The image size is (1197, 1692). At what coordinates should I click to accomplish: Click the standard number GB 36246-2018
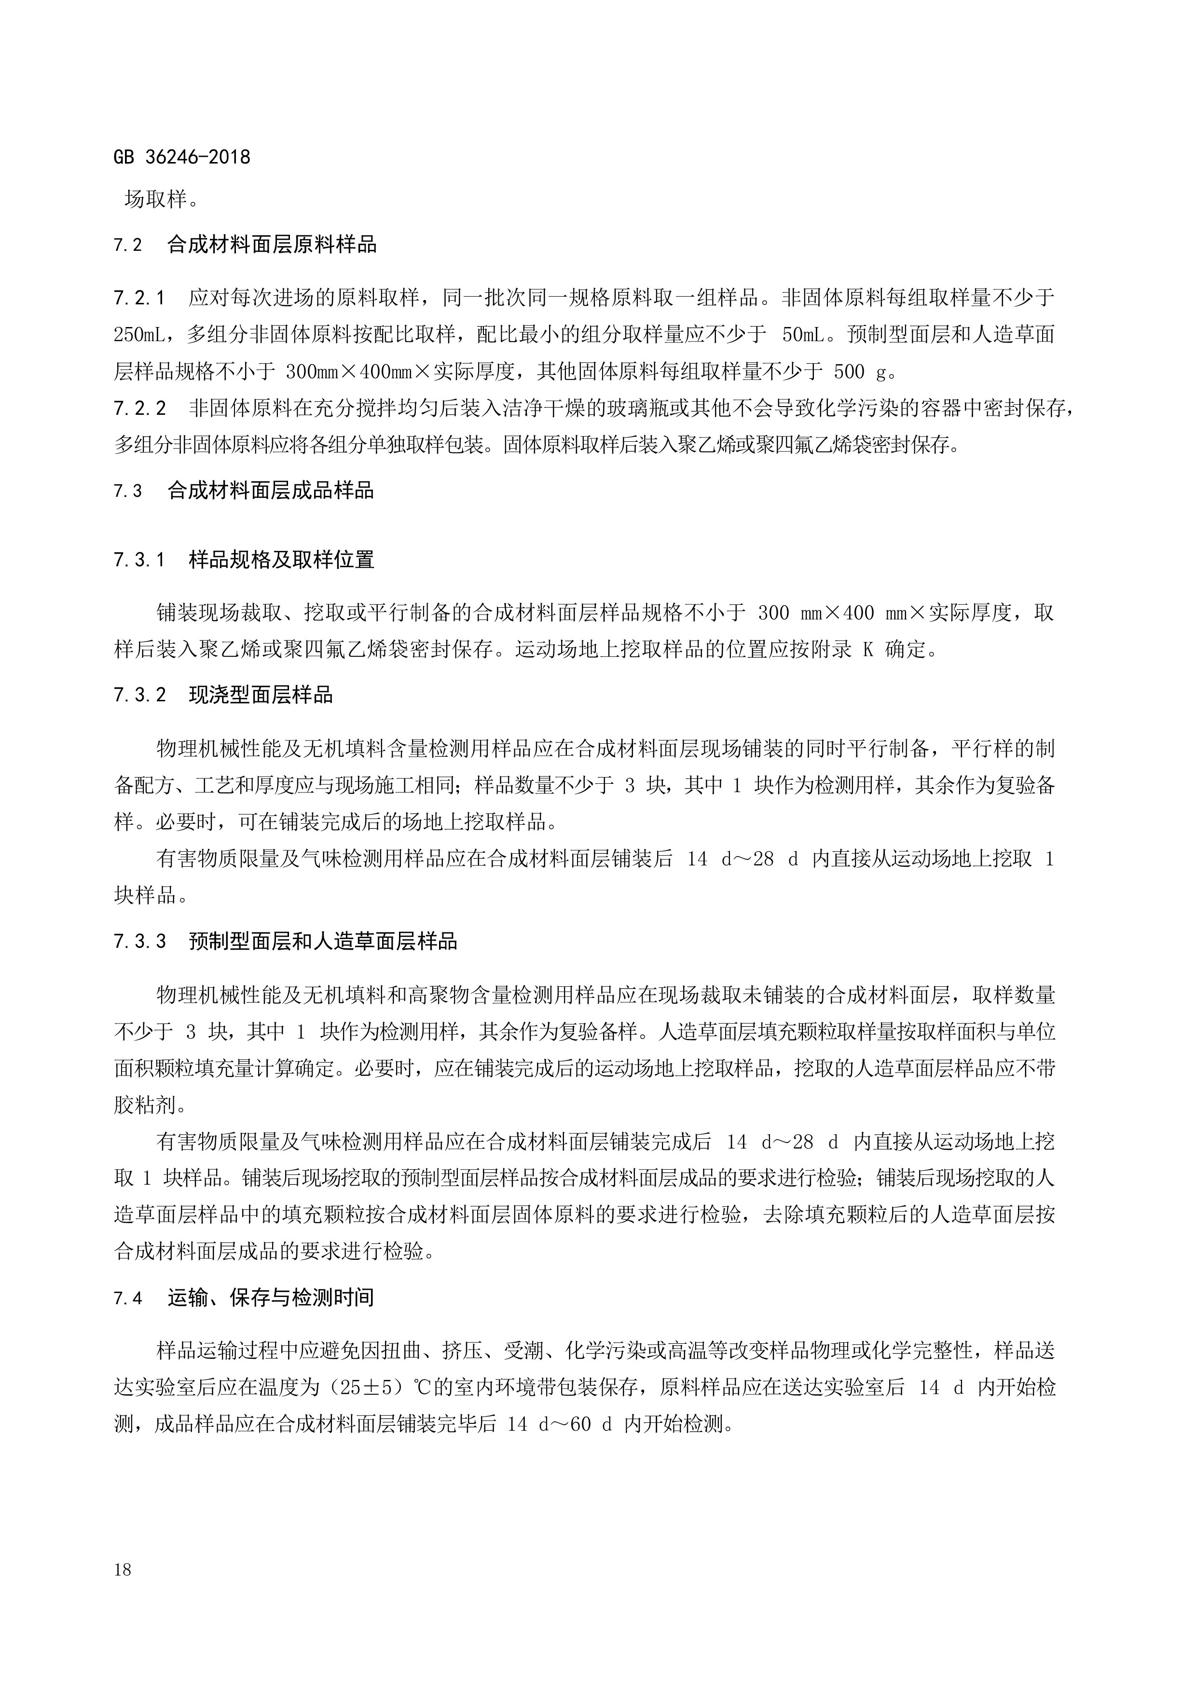pyautogui.click(x=182, y=157)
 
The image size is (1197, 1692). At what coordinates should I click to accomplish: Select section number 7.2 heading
pyautogui.click(x=127, y=245)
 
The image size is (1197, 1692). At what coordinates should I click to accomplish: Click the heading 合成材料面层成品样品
pyautogui.click(x=271, y=491)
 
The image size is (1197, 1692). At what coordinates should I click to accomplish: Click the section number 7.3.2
pyautogui.click(x=139, y=695)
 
